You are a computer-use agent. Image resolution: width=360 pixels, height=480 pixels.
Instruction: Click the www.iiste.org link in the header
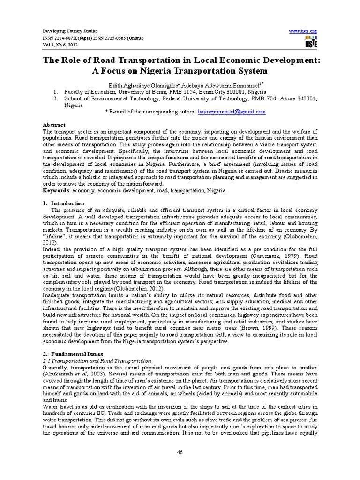point(303,31)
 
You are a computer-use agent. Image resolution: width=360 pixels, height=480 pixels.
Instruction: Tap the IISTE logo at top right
point(310,42)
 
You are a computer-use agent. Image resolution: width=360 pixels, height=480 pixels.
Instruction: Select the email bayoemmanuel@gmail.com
point(225,112)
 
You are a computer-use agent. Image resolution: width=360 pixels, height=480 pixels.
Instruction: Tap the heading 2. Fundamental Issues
point(72,354)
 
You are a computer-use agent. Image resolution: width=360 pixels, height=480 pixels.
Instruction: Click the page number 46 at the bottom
point(180,452)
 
